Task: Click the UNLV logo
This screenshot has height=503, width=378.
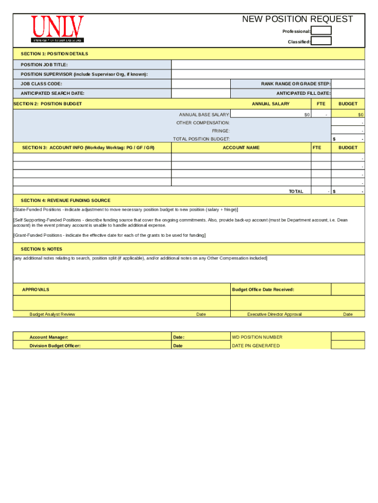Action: (57, 29)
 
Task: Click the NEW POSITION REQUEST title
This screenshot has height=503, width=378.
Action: (297, 19)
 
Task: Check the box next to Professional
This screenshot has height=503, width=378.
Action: (322, 31)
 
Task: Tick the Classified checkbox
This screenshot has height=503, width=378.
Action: (322, 41)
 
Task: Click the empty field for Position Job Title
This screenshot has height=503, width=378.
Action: (268, 65)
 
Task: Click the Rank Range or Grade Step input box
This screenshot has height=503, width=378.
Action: (348, 84)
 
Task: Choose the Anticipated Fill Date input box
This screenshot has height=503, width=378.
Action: (348, 93)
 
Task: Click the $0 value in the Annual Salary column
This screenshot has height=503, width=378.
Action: (306, 114)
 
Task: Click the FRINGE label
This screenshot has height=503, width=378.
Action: (220, 131)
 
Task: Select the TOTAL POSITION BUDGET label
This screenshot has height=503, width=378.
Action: (201, 140)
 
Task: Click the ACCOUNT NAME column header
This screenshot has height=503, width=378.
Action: (241, 148)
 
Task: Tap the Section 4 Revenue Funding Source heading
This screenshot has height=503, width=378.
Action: (65, 200)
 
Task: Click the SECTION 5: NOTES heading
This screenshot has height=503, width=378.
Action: (41, 249)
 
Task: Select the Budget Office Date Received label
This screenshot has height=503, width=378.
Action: (263, 290)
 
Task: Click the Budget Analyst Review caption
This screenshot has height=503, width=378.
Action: (52, 314)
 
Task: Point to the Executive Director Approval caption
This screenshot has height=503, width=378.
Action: (274, 314)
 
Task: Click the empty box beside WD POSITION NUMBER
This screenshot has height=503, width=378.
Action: (348, 337)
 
